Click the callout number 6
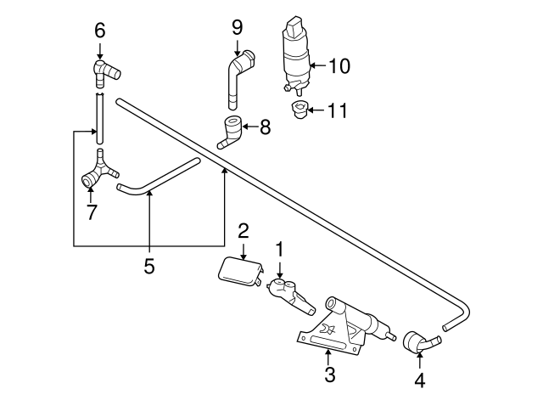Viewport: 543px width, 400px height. point(99,31)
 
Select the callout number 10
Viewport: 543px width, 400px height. point(339,65)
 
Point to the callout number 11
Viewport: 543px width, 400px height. point(339,110)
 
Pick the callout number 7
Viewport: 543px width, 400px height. point(91,211)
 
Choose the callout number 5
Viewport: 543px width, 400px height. point(148,267)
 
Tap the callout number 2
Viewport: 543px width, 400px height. point(243,230)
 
